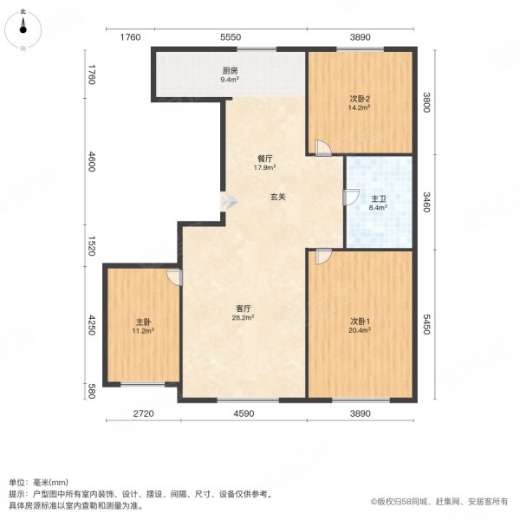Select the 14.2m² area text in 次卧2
(360, 108)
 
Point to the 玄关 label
(277, 198)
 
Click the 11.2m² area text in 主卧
(143, 330)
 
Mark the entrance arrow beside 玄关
(228, 200)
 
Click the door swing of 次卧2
(322, 148)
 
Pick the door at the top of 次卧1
(322, 257)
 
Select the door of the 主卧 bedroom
(173, 276)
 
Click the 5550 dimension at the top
(230, 37)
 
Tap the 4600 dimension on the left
(91, 163)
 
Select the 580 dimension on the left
(91, 390)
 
